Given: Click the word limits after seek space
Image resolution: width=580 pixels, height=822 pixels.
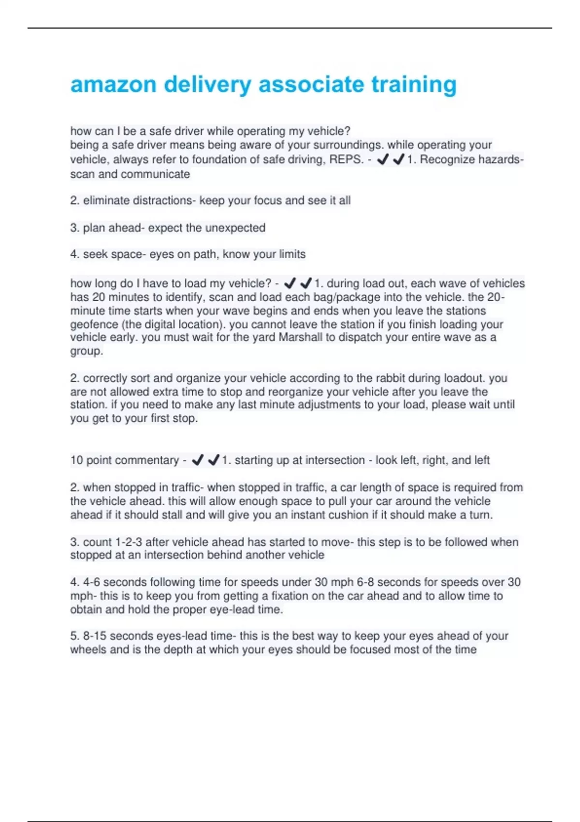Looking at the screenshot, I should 292,254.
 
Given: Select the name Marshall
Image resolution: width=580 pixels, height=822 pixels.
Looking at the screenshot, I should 300,338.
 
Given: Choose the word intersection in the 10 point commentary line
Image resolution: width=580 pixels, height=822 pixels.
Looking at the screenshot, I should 335,460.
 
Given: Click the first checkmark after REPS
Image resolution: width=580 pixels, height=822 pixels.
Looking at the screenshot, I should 383,159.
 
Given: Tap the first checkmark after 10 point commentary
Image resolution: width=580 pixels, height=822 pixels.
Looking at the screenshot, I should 197,460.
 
